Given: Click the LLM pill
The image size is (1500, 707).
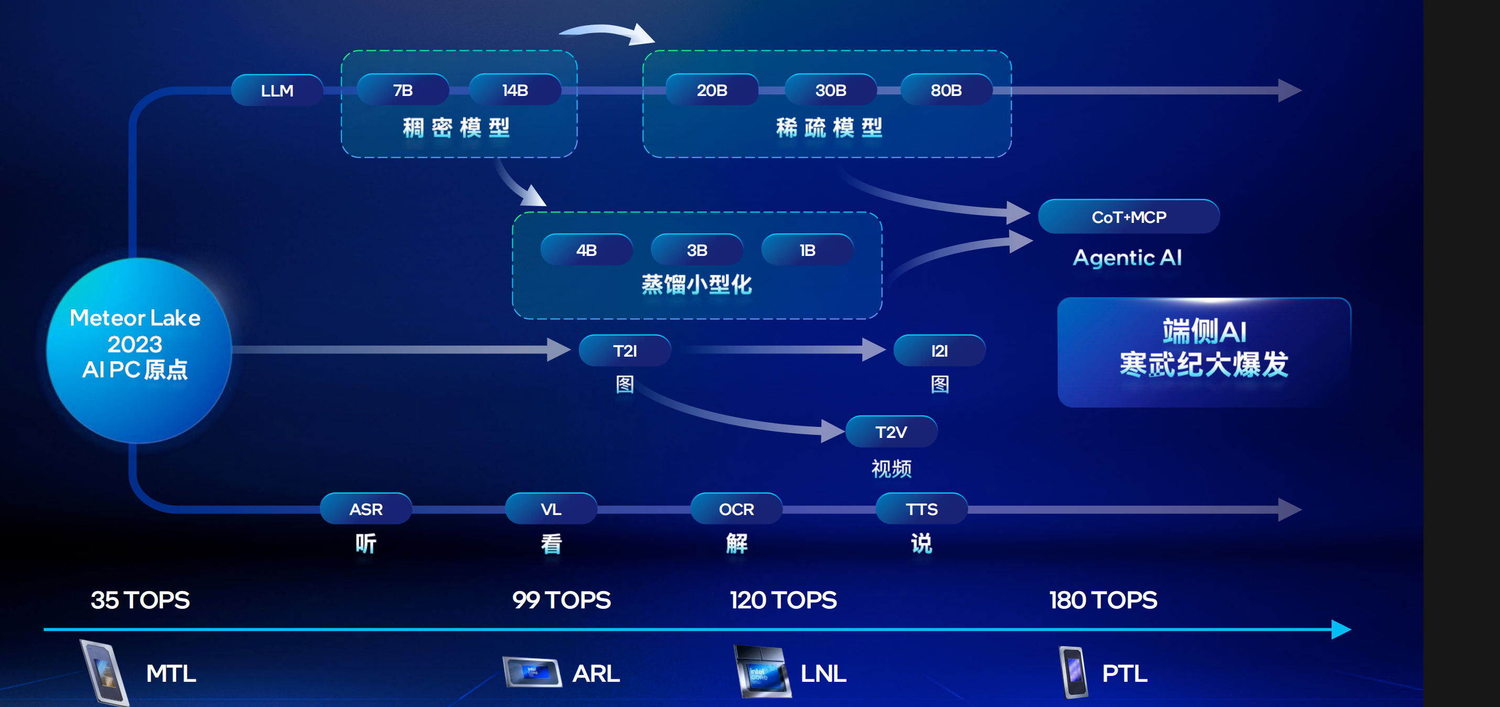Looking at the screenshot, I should (277, 90).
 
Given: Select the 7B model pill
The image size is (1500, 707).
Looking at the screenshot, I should (402, 90).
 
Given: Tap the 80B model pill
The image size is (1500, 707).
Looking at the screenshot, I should (946, 90).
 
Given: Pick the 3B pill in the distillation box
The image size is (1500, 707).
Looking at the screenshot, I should (697, 250).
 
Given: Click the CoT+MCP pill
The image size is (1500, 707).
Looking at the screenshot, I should (1129, 217).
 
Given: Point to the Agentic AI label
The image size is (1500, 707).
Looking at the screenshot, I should (1127, 258).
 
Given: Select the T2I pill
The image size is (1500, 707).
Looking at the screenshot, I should (625, 350).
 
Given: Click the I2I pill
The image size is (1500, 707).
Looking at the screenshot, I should (939, 350).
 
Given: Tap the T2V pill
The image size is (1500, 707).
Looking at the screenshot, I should (891, 432).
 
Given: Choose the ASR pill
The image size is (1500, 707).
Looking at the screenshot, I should (366, 509).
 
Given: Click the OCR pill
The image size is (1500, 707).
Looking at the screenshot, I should (736, 509).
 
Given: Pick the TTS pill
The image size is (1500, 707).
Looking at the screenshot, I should (921, 509).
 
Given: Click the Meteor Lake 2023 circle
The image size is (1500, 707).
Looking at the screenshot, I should (138, 349).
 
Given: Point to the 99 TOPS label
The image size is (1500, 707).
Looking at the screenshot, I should (561, 600).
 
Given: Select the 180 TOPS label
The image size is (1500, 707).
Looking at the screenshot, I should (1103, 600).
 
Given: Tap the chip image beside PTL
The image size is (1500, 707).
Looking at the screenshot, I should (1073, 672).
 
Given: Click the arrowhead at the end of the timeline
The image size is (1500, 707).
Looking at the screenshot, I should (1341, 629).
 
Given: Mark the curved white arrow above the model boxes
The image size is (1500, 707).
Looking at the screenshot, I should (608, 33).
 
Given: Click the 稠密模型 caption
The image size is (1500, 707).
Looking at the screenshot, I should (456, 127).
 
